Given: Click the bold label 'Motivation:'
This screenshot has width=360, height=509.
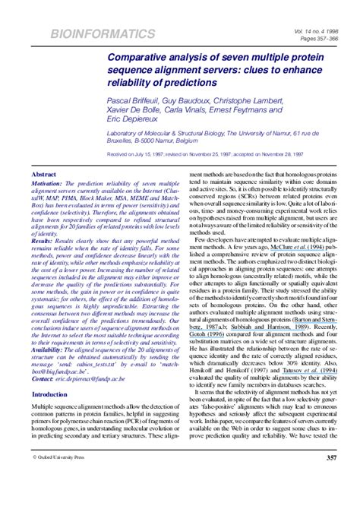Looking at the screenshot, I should click(x=46, y=204).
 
